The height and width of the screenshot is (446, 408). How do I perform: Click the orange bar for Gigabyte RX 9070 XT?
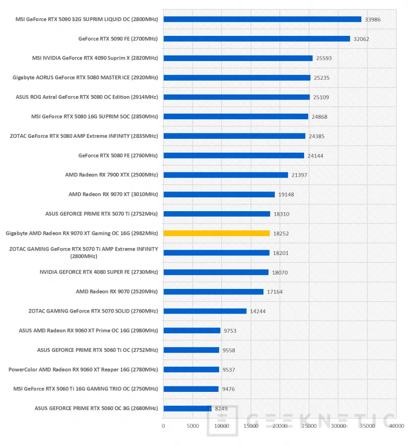(217, 233)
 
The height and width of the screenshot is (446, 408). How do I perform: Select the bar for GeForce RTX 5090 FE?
(256, 39)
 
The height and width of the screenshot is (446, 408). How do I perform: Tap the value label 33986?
(373, 19)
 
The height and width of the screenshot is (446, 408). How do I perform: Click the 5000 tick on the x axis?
(192, 426)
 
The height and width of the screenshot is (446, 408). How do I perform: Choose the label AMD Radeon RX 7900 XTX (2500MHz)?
(111, 175)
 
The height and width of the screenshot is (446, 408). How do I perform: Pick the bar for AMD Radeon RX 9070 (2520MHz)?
(213, 291)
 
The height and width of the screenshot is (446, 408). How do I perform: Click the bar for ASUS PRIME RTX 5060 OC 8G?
(187, 408)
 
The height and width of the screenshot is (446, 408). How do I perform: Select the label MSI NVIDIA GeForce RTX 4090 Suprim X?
(95, 58)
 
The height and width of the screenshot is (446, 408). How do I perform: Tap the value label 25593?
(324, 58)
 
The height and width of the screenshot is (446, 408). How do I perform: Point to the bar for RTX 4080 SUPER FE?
(216, 272)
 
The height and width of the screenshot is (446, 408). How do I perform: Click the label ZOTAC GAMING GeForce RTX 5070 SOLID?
(93, 311)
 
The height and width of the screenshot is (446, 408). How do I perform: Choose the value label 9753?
(230, 331)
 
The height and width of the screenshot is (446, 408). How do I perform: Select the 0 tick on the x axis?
(163, 426)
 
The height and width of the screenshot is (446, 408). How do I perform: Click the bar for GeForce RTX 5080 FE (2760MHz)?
(234, 156)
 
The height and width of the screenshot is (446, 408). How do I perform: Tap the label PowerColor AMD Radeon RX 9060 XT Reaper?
(83, 369)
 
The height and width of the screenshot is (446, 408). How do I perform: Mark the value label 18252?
(281, 233)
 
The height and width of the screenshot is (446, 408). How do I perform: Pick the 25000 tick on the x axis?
(309, 426)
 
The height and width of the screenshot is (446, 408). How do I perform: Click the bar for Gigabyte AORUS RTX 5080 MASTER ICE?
(237, 78)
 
